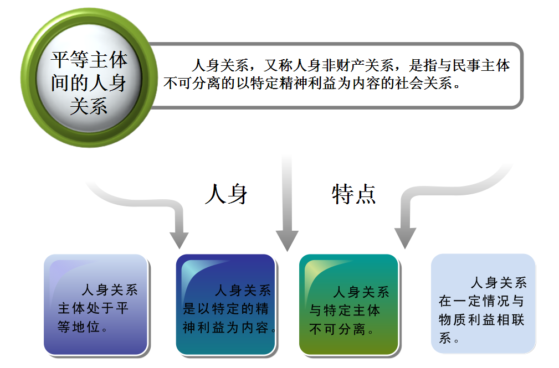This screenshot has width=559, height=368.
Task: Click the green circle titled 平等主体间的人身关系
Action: click(x=89, y=80)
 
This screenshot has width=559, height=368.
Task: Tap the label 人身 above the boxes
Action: click(x=226, y=194)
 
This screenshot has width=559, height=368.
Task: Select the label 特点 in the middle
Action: click(x=354, y=194)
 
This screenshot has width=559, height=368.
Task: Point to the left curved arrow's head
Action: click(x=179, y=239)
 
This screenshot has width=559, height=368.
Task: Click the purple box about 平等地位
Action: click(x=95, y=304)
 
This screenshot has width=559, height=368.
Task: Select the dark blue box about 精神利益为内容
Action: click(x=225, y=304)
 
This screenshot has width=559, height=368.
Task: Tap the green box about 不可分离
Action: click(x=348, y=304)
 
